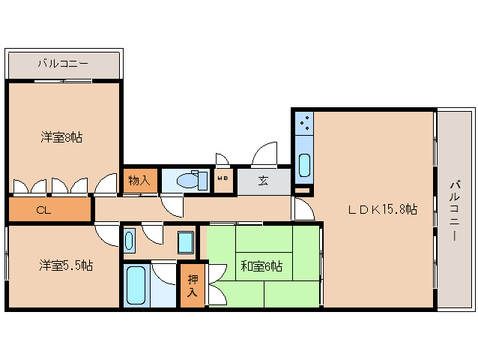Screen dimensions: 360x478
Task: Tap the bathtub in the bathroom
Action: coord(136,284)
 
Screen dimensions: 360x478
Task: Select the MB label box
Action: coord(223,179)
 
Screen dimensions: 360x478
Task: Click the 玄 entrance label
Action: coord(264,180)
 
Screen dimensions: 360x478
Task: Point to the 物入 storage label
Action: coord(139,181)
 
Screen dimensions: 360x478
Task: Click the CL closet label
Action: coord(45,209)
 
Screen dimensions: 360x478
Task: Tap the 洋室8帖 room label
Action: coord(61,137)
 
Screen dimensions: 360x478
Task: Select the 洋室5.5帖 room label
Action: coord(66,265)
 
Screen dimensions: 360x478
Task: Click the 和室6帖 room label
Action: coord(261,265)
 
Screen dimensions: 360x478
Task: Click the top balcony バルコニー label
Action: coord(63,64)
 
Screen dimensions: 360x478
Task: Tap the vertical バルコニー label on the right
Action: coord(456,209)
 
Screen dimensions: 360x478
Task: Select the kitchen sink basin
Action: coord(303,163)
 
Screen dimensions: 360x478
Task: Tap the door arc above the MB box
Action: coord(223,160)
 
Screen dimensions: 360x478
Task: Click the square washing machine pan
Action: coord(186,241)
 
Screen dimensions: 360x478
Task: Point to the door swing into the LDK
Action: coord(303,211)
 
